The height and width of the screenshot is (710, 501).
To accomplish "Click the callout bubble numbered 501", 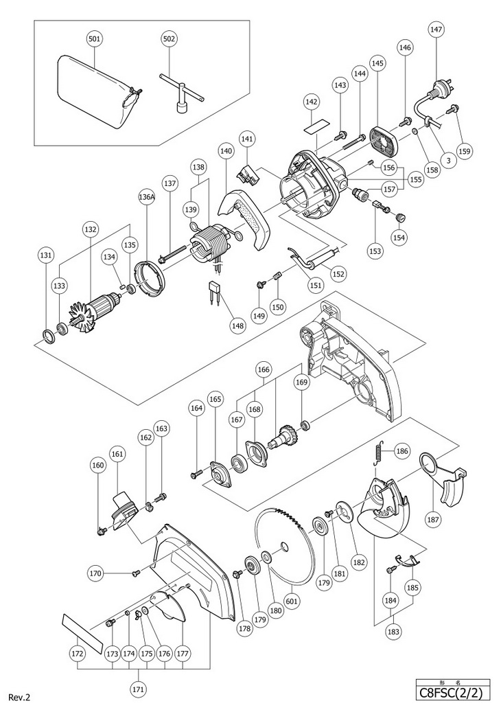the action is click(x=94, y=39).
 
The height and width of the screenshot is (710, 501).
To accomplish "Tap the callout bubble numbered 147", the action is click(x=436, y=30).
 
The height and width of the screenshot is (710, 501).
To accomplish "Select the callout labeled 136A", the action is click(x=146, y=196).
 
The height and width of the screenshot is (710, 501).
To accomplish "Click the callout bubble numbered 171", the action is click(x=139, y=689).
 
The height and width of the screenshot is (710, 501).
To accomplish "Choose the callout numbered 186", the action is click(x=402, y=450).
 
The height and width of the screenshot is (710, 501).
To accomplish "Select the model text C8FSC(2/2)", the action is click(x=453, y=694).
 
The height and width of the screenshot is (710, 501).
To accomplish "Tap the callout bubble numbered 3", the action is click(x=449, y=160).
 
